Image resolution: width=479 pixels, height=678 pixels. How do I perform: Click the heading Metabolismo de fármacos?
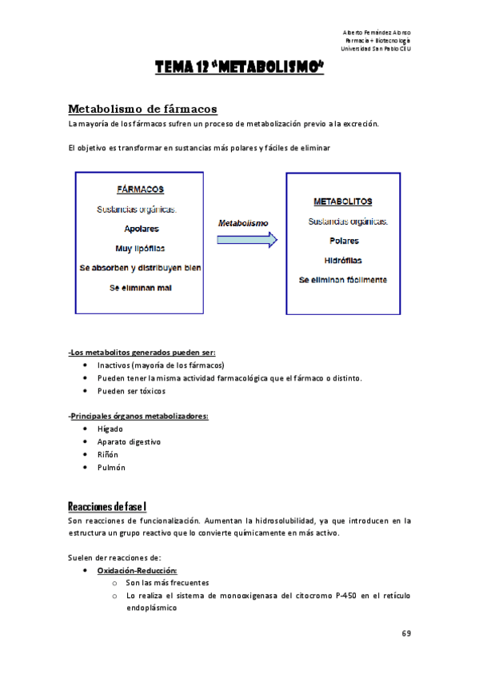[x=142, y=108]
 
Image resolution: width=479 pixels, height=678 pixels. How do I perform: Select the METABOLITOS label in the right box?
[x=342, y=201]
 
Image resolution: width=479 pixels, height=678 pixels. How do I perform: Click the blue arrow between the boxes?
[x=247, y=239]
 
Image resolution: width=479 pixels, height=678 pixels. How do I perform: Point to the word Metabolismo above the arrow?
[x=243, y=223]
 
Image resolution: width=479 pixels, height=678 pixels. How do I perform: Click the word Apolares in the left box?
[x=141, y=229]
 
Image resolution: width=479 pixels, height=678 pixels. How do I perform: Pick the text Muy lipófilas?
[x=141, y=248]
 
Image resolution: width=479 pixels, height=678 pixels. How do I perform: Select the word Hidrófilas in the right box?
[x=343, y=260]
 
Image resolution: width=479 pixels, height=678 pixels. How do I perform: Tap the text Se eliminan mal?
[x=141, y=287]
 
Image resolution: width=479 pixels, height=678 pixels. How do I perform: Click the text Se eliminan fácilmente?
[x=343, y=280]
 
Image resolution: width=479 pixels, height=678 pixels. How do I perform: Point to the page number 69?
[x=406, y=633]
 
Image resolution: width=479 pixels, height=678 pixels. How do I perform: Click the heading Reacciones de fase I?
[x=106, y=506]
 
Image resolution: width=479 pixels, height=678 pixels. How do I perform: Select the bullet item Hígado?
[x=110, y=429]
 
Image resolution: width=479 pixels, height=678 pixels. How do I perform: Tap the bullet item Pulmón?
[x=111, y=467]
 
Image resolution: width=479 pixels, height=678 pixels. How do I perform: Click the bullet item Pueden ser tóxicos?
[x=131, y=391]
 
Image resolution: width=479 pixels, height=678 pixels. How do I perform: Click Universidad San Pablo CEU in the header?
[x=375, y=49]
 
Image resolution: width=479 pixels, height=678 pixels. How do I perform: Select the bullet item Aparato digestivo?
[x=129, y=441]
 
